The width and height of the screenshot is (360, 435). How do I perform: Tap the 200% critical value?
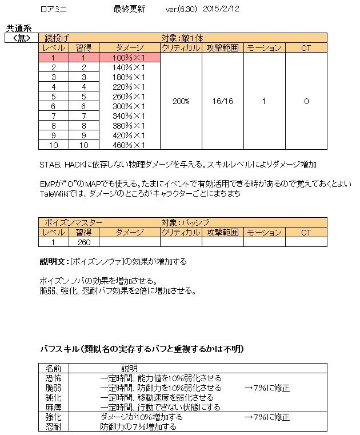click(x=181, y=101)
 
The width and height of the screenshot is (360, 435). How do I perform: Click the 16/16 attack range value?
click(x=222, y=101)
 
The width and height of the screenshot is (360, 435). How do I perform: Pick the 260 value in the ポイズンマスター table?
click(x=84, y=242)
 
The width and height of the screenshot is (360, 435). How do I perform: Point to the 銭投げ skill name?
click(x=57, y=38)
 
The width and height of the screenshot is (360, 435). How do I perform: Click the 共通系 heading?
click(x=18, y=27)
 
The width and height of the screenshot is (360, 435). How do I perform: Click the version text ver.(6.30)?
click(x=181, y=9)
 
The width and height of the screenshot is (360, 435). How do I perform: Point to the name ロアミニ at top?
click(x=53, y=9)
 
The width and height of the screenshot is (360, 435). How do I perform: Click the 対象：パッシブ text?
click(x=186, y=222)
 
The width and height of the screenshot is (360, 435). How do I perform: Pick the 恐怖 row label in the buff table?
click(x=53, y=378)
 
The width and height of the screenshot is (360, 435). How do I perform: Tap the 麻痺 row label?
click(x=53, y=408)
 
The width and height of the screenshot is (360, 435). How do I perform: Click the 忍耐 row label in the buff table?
click(x=53, y=427)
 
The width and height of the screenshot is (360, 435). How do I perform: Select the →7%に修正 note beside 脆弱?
click(x=266, y=388)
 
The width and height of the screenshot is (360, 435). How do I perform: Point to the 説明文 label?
click(x=53, y=262)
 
